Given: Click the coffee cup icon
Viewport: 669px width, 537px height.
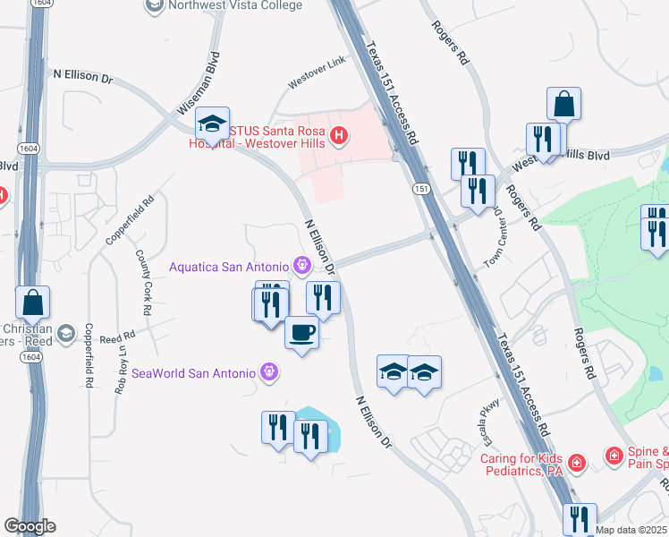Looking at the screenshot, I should (301, 333).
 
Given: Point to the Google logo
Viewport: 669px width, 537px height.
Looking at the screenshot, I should (30, 526).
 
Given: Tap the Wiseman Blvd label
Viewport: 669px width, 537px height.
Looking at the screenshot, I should (198, 86).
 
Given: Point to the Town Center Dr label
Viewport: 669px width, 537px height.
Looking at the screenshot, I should (494, 229).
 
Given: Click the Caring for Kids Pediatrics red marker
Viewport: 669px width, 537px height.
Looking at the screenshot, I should (578, 462).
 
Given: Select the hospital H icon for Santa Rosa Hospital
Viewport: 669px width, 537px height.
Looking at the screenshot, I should (338, 136).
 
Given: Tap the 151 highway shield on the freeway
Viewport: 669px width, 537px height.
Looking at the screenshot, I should (419, 189).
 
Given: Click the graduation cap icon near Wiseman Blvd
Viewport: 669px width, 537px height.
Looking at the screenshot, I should (214, 124).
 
